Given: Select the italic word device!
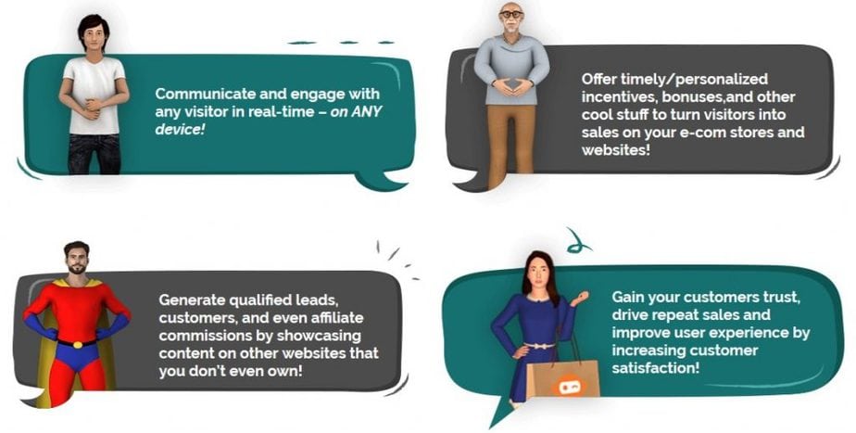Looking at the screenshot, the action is coord(180,130).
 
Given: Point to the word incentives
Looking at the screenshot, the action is coord(619,97).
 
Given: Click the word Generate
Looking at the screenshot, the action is coord(192,300).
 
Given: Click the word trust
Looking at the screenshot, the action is coord(782,298).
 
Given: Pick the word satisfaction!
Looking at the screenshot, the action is coord(655,368).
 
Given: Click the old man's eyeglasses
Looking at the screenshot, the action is coord(511,14).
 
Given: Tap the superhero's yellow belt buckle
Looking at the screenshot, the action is coord(77,344).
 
